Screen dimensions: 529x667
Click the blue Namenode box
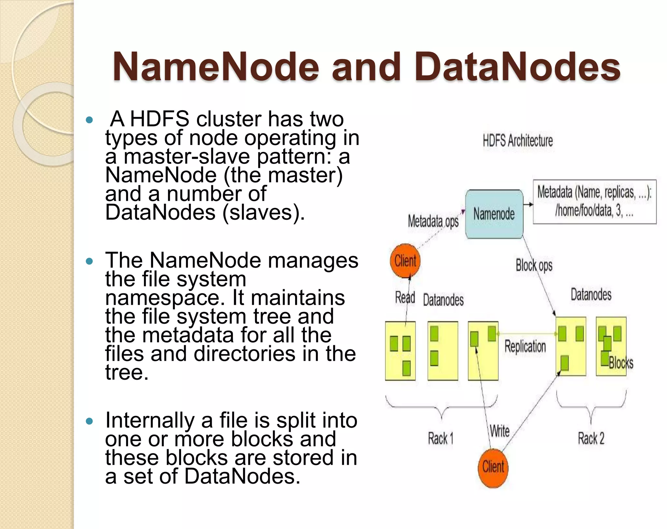[494, 214]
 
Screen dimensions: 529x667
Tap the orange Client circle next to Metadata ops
[405, 261]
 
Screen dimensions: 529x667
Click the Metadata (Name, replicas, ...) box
[594, 201]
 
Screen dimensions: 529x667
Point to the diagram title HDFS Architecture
[518, 141]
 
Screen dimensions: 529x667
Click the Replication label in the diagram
[525, 346]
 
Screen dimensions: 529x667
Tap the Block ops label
[534, 265]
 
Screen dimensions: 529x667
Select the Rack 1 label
[440, 438]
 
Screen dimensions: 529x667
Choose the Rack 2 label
[591, 438]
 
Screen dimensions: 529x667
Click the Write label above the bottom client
[500, 431]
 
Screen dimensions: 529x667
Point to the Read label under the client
[405, 297]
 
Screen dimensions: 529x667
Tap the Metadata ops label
[433, 221]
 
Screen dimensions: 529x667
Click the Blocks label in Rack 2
[621, 363]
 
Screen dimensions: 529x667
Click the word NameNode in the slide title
[216, 67]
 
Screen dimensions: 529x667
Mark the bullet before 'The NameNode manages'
[89, 261]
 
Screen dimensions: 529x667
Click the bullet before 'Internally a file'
[89, 421]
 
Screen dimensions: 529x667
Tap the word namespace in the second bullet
[165, 298]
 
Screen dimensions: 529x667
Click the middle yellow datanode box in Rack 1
[442, 351]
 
